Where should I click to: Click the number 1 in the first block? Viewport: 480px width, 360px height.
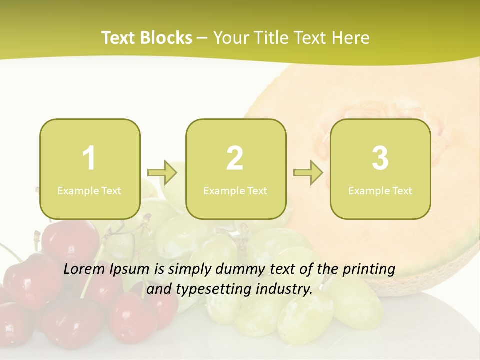(x=89, y=158)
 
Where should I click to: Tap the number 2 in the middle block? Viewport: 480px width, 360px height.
(x=235, y=158)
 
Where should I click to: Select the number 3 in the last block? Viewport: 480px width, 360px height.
(x=380, y=158)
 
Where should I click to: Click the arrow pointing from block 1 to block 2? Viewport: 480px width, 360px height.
(x=162, y=173)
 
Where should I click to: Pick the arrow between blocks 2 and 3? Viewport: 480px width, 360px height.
(x=308, y=173)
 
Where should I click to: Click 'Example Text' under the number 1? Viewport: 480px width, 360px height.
(x=89, y=191)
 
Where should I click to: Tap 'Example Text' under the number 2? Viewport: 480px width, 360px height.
(x=235, y=191)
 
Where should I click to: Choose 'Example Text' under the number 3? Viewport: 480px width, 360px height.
(x=380, y=191)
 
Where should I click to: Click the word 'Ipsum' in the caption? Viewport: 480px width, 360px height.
(x=131, y=269)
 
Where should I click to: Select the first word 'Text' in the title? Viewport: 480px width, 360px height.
(x=118, y=38)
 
